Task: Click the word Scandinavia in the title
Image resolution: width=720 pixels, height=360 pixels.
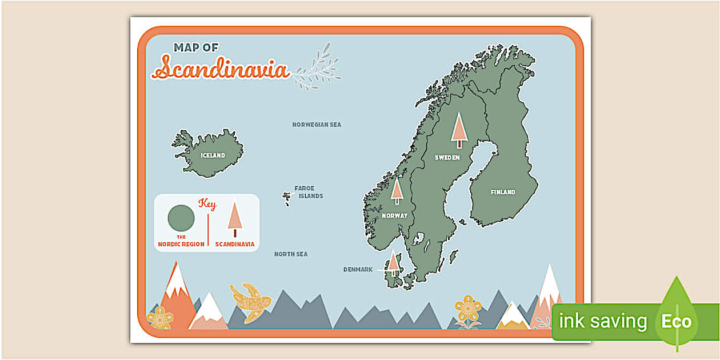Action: click(222, 69)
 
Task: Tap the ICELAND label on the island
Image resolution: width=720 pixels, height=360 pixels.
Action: click(213, 155)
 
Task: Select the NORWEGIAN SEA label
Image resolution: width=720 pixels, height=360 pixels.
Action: click(317, 125)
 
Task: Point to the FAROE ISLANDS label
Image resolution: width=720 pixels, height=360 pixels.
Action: click(309, 192)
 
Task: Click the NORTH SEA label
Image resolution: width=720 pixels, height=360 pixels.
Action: click(290, 254)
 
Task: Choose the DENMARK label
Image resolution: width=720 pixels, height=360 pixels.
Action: click(358, 270)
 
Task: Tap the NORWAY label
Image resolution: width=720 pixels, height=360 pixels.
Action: click(394, 216)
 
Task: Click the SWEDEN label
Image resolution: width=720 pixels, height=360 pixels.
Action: click(447, 158)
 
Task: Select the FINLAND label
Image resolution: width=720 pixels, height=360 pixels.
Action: click(503, 193)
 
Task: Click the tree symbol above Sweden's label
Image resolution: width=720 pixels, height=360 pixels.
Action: click(459, 130)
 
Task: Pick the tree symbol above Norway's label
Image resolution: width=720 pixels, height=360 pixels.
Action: click(397, 191)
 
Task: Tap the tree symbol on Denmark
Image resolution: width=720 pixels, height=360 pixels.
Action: click(393, 263)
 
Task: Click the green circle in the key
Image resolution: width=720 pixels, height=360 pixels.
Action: click(181, 218)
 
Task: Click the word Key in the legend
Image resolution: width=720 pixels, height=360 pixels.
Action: click(207, 204)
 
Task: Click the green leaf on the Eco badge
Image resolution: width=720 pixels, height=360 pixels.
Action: click(677, 314)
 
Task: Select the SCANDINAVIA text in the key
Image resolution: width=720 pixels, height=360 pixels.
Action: click(235, 244)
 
